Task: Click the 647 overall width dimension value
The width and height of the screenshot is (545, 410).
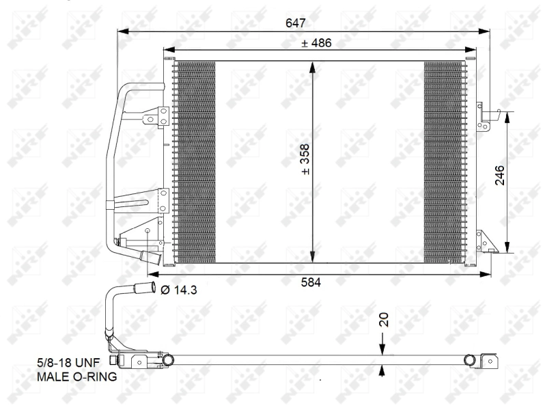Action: [296, 23]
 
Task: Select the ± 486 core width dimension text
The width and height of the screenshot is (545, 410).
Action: [316, 43]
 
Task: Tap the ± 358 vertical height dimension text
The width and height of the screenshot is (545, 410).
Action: [305, 159]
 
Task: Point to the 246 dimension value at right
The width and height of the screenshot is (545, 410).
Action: [499, 175]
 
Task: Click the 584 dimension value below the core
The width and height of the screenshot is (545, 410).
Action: [311, 282]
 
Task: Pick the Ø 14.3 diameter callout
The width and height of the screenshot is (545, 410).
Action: [179, 290]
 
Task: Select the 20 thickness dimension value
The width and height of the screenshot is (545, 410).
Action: [383, 320]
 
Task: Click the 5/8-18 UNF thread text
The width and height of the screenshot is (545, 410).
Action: [68, 363]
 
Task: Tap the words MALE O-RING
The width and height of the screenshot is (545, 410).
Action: [76, 377]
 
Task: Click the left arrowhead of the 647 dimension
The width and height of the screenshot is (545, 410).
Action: [124, 31]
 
